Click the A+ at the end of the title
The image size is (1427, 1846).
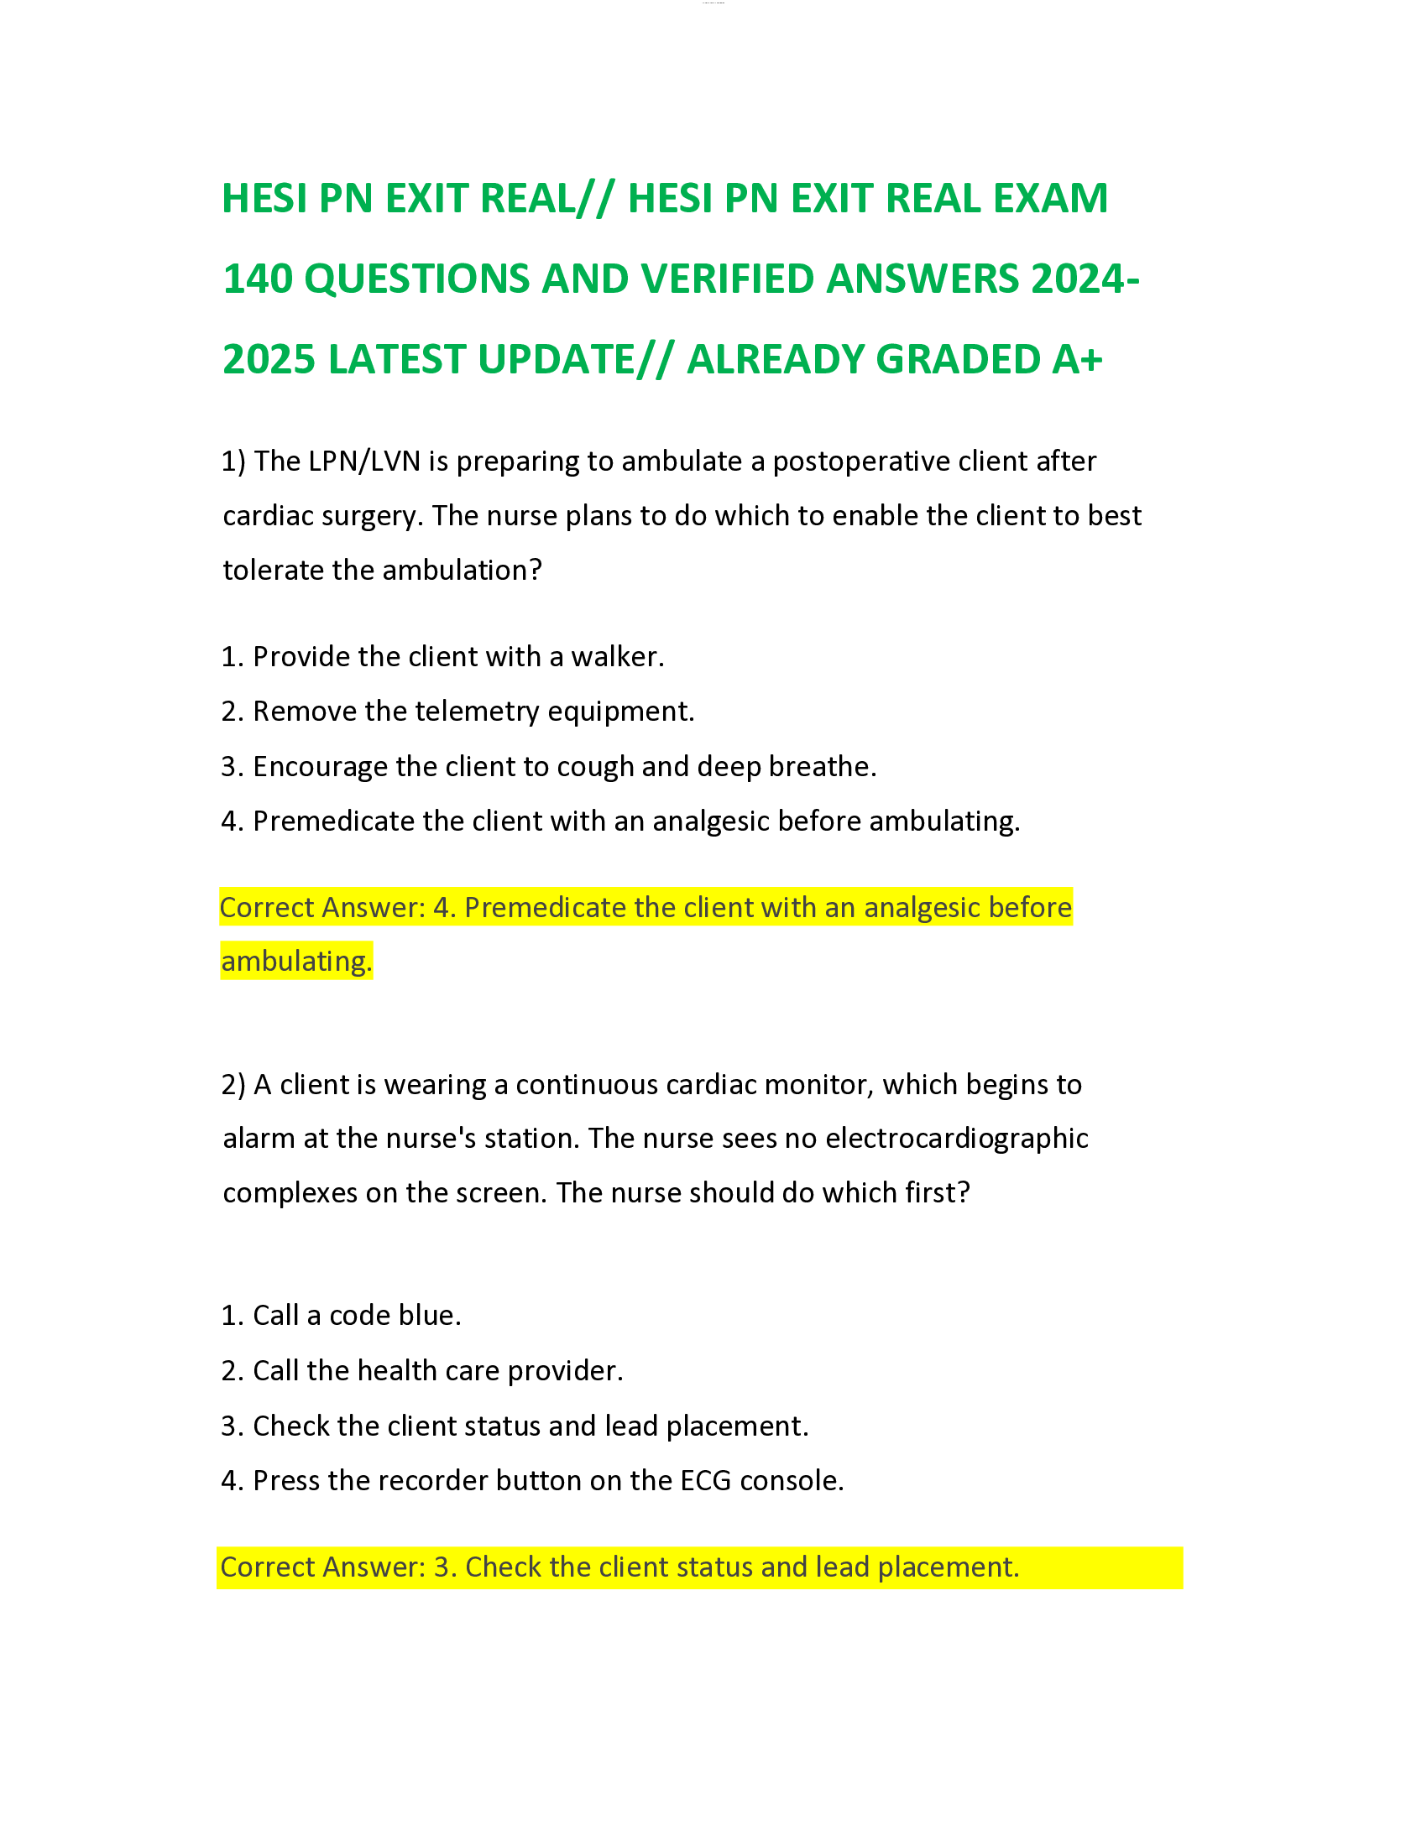coord(1077,359)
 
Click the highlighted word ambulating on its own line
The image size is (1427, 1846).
coord(295,962)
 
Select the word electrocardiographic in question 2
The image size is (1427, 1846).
coord(956,1139)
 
